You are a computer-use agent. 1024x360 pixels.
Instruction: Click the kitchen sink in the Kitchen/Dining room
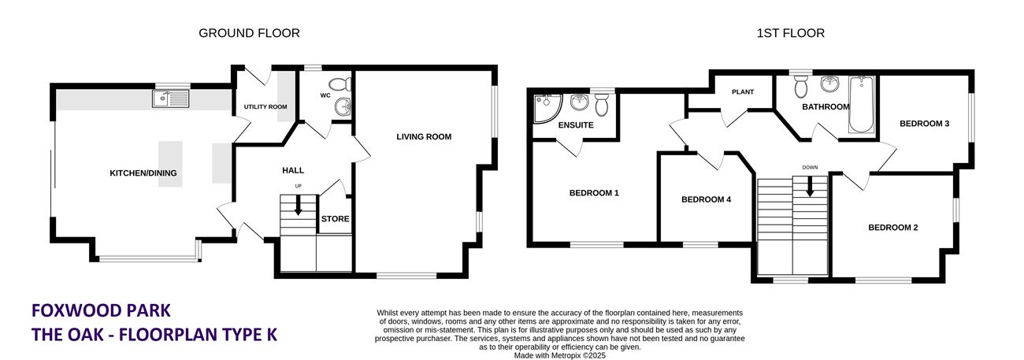171,98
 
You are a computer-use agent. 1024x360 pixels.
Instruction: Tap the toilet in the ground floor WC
340,84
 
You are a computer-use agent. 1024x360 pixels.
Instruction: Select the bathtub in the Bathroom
862,105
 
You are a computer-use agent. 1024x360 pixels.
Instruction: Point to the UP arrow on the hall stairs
299,206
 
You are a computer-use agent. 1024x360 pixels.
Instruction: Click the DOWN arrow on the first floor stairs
810,187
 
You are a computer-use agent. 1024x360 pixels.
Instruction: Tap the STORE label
335,219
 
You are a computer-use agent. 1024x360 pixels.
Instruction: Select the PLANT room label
743,92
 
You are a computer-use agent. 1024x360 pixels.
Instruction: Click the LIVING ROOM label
424,137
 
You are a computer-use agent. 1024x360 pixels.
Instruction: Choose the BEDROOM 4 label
706,199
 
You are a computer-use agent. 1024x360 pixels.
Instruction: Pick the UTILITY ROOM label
265,107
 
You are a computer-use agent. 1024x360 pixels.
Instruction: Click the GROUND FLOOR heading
249,33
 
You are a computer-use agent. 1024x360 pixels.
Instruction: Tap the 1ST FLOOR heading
790,33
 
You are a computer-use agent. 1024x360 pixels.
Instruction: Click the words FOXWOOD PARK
101,310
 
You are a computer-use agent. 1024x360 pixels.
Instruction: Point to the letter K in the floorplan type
271,334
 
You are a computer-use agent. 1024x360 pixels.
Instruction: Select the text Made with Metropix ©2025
559,355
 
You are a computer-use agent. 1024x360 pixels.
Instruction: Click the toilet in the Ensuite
601,104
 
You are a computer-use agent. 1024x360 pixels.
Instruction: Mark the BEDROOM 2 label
892,228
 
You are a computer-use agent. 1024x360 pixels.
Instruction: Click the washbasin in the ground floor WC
343,107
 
